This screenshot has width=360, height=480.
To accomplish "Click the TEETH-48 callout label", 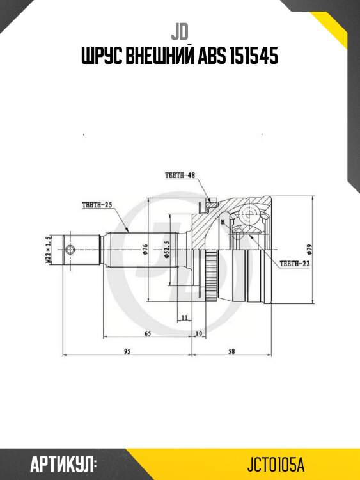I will point(179,175).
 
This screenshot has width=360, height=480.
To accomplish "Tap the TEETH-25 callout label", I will point(97,205).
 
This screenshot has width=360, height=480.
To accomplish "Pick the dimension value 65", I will point(147,333).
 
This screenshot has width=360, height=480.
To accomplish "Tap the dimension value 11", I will point(184,317).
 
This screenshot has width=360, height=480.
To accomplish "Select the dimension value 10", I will point(199,333).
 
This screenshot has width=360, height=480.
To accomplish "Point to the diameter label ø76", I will point(145,249).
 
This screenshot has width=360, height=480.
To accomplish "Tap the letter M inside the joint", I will point(223,221).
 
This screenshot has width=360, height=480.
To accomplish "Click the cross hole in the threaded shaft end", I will point(70,249).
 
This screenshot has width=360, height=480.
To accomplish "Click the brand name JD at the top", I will point(180,31).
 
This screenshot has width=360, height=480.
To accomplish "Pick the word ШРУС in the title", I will point(101,57).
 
